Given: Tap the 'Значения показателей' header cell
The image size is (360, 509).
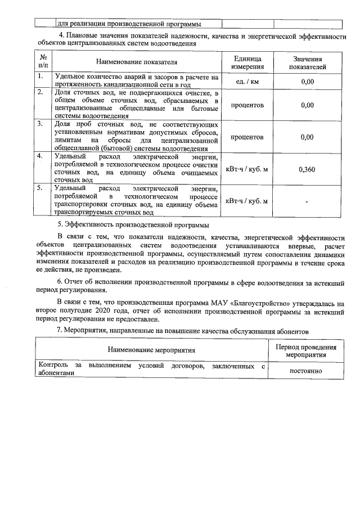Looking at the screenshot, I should click(307, 62).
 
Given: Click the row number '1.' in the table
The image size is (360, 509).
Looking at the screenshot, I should click(41, 76).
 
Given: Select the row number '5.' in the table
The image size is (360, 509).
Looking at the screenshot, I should click(41, 188).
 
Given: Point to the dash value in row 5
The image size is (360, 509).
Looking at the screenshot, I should click(307, 201).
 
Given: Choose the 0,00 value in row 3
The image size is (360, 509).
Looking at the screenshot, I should click(307, 137).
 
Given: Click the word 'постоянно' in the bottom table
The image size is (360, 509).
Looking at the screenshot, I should click(305, 371).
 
